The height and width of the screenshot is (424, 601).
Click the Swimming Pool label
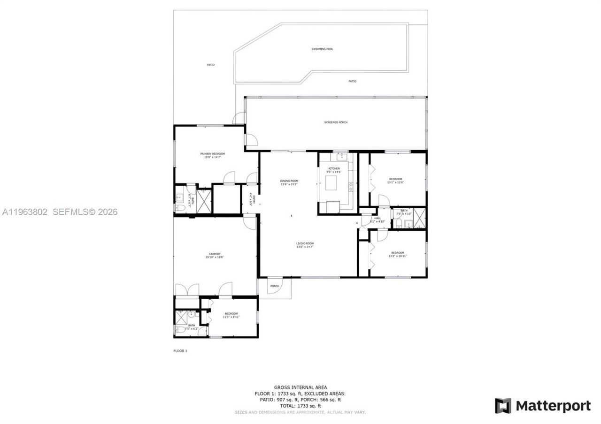point(322,49)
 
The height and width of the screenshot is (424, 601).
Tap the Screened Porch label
point(336,122)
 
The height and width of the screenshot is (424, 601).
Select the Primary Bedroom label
point(212,154)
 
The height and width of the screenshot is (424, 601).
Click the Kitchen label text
point(334,168)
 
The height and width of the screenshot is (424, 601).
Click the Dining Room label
point(289,181)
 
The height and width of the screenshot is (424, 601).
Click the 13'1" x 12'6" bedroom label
point(395,181)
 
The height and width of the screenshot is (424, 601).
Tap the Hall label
point(378,218)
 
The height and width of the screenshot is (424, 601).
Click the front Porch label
point(275,286)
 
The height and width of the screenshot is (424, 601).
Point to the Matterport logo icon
point(503,406)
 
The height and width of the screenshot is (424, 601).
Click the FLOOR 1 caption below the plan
point(180,351)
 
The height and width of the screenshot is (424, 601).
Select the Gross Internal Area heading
point(300,387)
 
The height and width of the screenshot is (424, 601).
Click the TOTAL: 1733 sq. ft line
point(300,406)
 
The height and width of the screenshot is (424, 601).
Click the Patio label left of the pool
point(211,64)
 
